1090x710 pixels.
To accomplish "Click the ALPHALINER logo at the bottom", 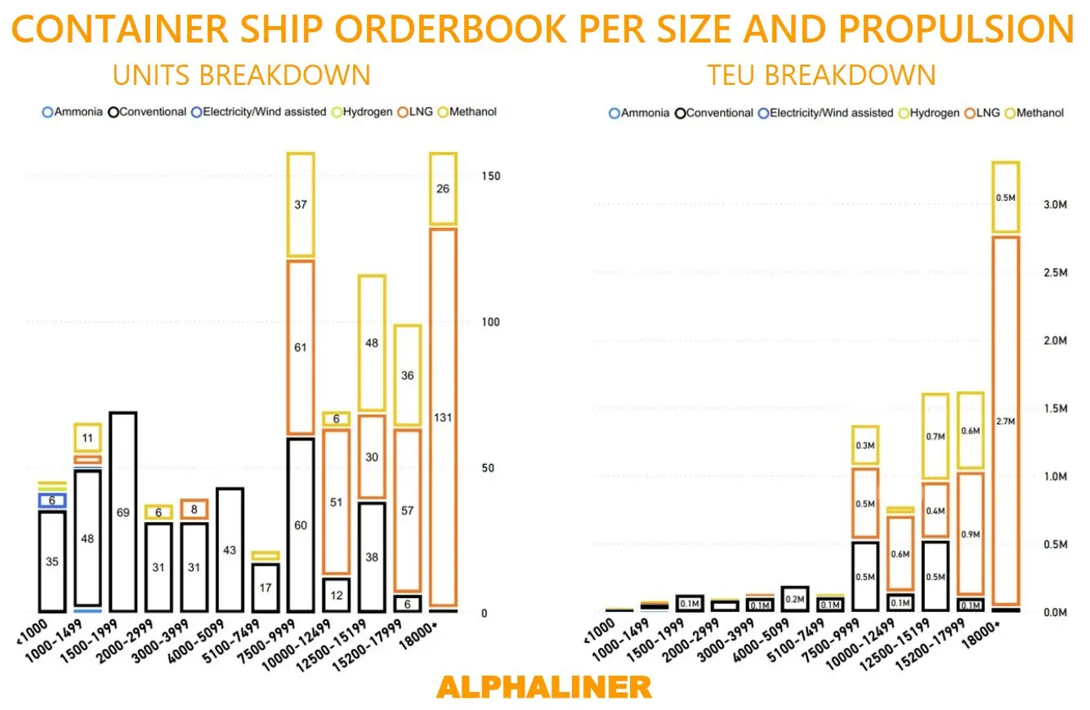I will click(x=544, y=686).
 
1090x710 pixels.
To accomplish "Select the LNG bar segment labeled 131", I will click(x=443, y=417).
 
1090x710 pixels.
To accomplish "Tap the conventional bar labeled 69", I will click(x=123, y=512).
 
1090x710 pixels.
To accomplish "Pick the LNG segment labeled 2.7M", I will click(x=1005, y=421).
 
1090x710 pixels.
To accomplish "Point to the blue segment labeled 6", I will click(x=52, y=500).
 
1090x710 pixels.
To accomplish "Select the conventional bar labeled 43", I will click(x=230, y=550).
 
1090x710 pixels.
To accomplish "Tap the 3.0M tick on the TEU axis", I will click(x=1053, y=204).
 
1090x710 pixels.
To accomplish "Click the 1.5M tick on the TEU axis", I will click(x=1053, y=409).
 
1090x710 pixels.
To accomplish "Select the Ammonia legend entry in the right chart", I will click(x=640, y=114).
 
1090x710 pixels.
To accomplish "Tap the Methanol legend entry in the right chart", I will click(x=1036, y=114).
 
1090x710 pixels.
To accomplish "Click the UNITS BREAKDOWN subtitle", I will click(x=241, y=75).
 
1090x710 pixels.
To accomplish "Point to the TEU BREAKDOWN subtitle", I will click(x=821, y=75).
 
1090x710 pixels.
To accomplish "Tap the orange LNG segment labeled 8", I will click(x=194, y=509).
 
